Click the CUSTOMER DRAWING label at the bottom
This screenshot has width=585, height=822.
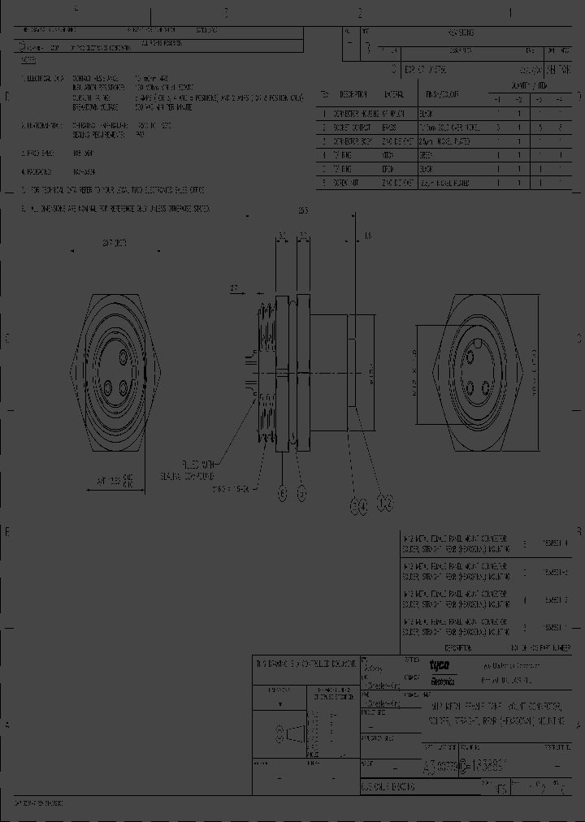[x=387, y=787]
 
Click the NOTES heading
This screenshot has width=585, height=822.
[x=29, y=59]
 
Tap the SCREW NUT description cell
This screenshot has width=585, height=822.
[x=351, y=184]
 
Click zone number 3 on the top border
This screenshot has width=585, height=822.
[x=226, y=13]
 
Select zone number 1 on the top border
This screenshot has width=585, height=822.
[x=509, y=13]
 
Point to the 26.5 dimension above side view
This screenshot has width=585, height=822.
[x=302, y=211]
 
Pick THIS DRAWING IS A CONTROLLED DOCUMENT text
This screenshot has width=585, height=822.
[x=305, y=663]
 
